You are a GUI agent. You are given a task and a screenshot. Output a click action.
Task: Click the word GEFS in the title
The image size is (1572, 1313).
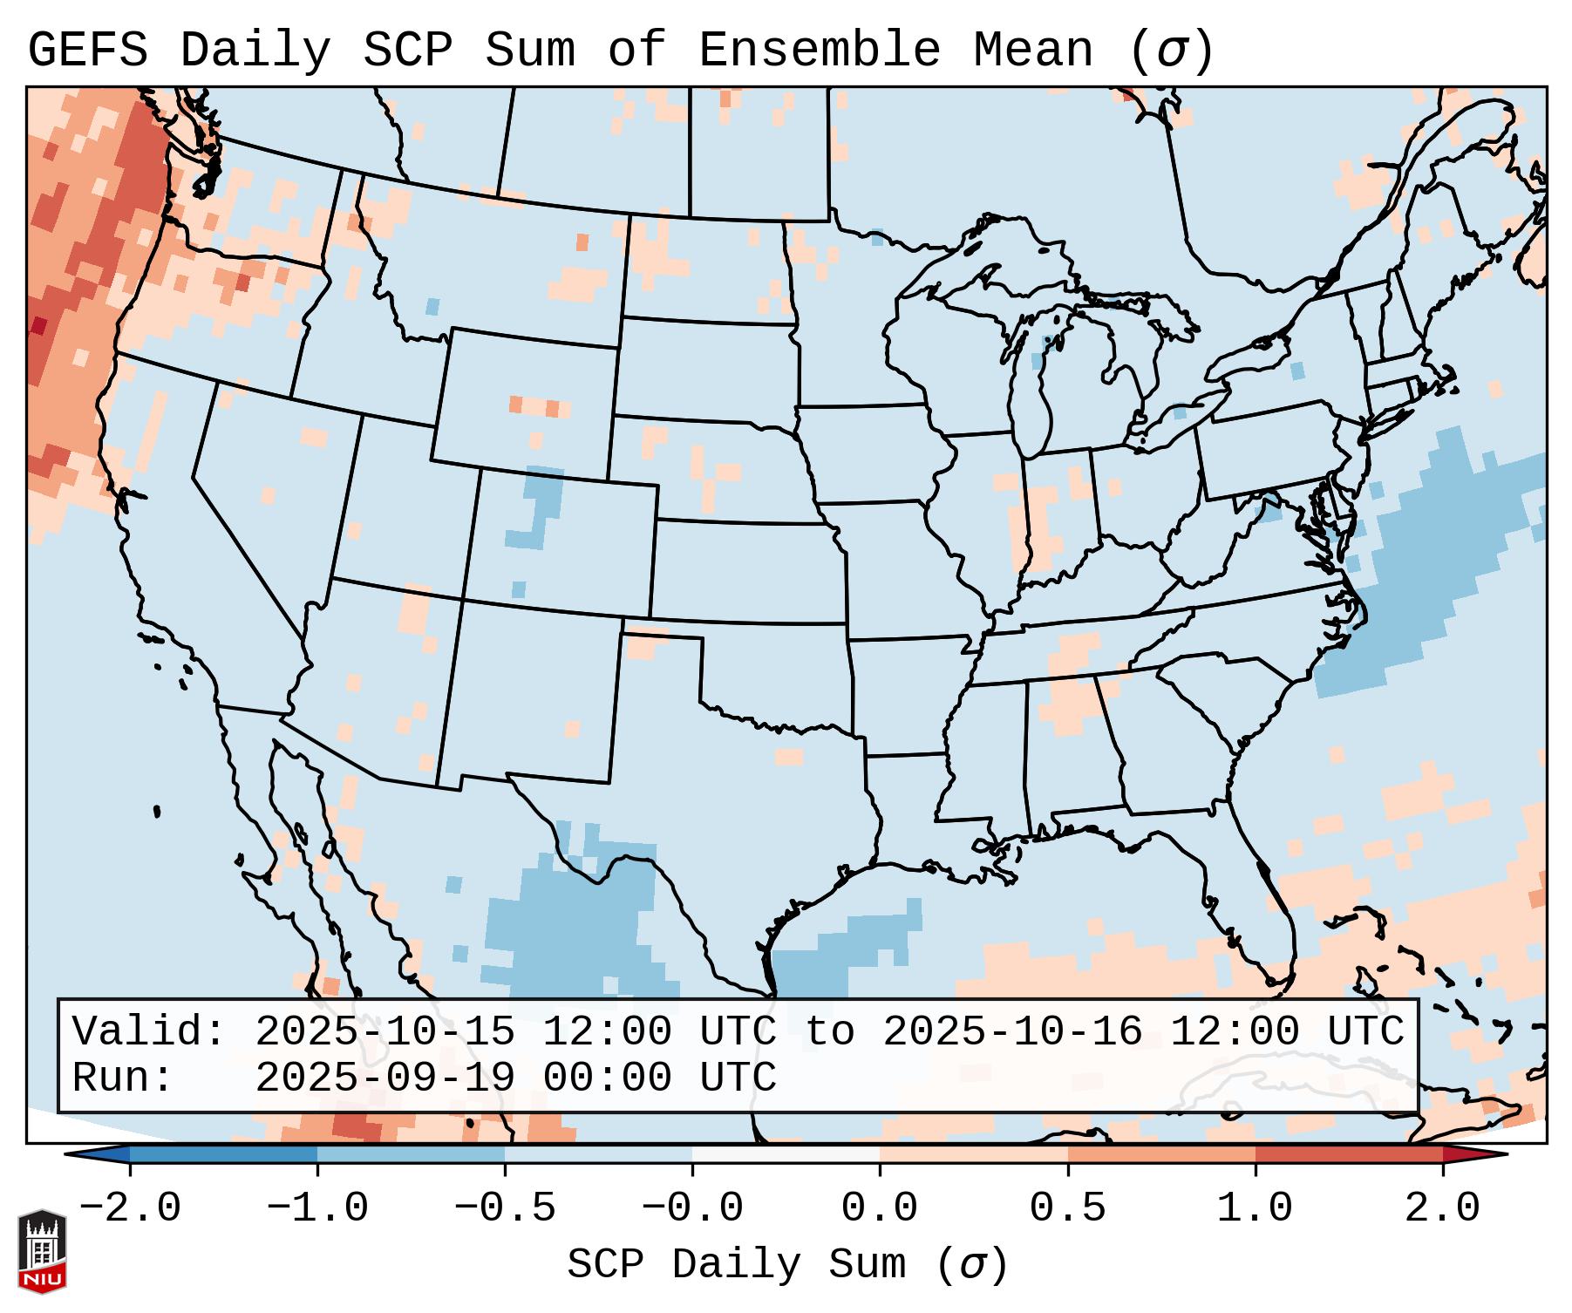[x=87, y=50]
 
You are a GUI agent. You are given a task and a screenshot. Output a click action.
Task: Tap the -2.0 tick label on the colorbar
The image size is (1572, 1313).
[x=130, y=1208]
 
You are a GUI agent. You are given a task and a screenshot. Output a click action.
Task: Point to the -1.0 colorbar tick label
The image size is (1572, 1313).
[x=317, y=1208]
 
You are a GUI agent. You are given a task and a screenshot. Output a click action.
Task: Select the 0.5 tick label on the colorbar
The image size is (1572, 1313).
[x=1067, y=1208]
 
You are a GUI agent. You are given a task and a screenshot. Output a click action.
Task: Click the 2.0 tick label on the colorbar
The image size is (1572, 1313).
[x=1442, y=1208]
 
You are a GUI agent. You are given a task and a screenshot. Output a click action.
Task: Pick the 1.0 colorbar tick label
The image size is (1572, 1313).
[x=1255, y=1208]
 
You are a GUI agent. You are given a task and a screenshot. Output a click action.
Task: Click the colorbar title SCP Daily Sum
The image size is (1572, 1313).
[x=737, y=1265]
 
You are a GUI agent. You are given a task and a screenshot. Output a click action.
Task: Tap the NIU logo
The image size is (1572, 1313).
[x=42, y=1252]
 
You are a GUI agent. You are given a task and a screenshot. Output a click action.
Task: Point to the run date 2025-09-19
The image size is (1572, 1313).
[x=385, y=1078]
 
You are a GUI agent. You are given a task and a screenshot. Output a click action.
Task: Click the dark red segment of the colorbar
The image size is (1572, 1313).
[x=1349, y=1154]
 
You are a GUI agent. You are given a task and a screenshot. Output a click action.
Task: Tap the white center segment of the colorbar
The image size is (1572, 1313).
[x=786, y=1154]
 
